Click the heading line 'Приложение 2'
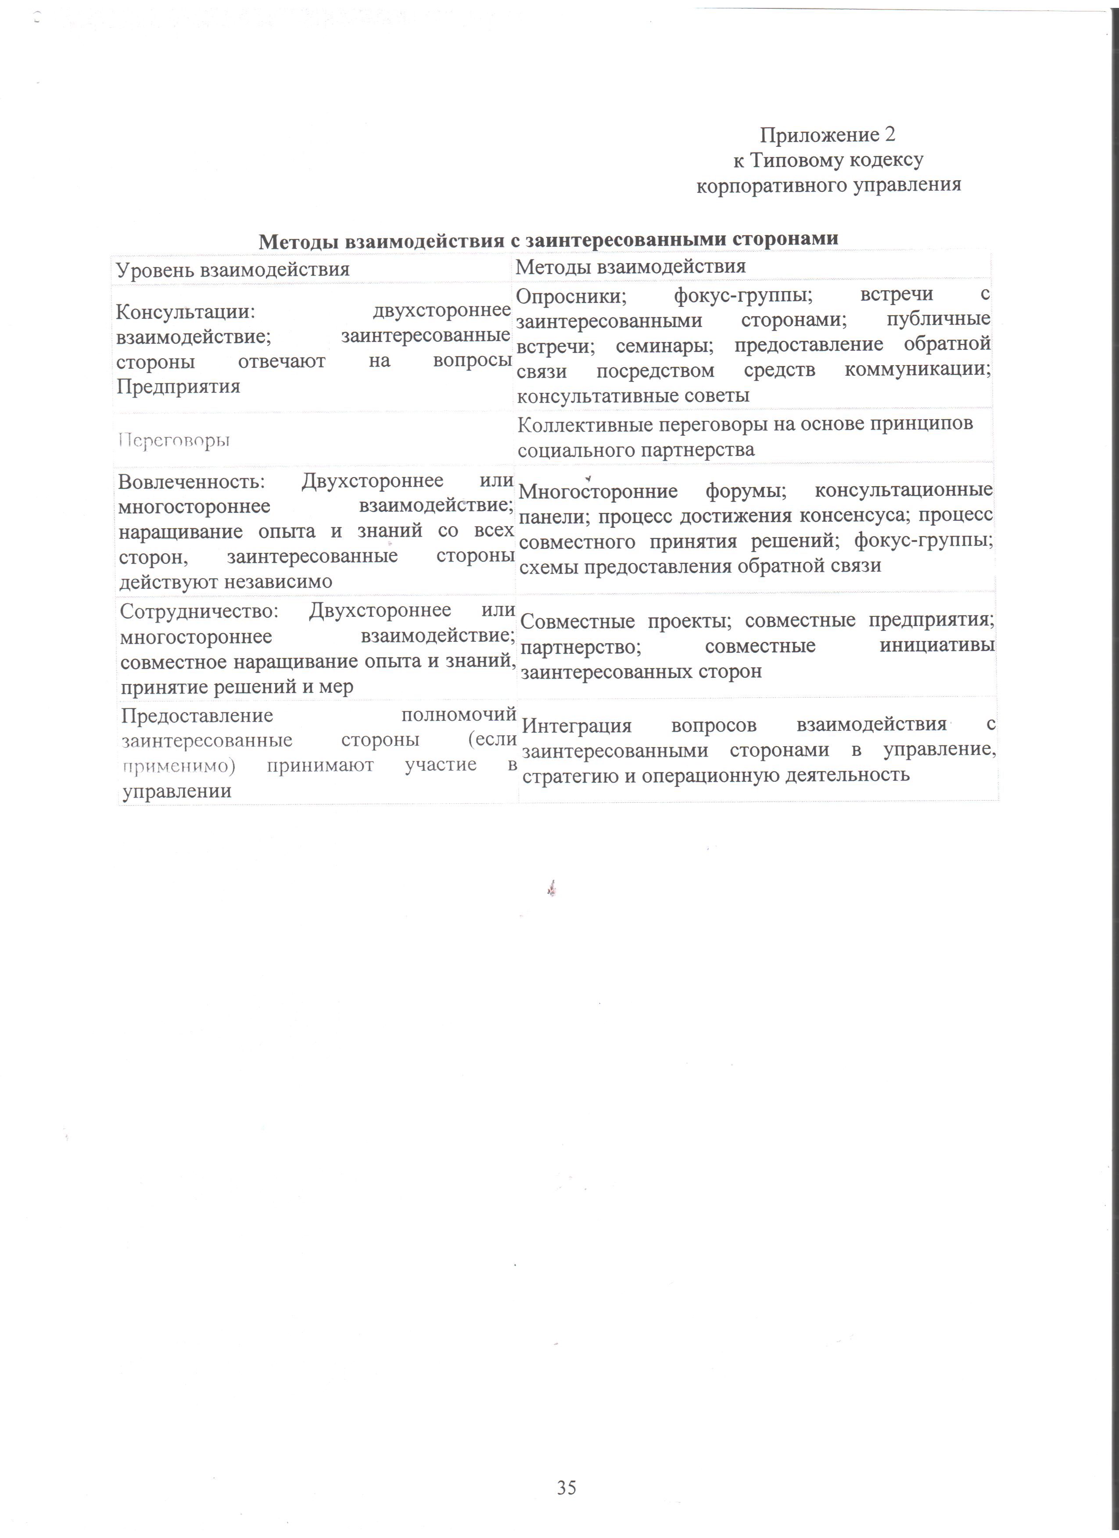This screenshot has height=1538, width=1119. pos(827,135)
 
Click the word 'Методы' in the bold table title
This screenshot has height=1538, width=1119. pos(298,241)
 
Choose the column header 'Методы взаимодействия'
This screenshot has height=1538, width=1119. pos(631,267)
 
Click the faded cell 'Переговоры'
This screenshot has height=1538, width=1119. pos(174,441)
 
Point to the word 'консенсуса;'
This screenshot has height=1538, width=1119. pos(854,516)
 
